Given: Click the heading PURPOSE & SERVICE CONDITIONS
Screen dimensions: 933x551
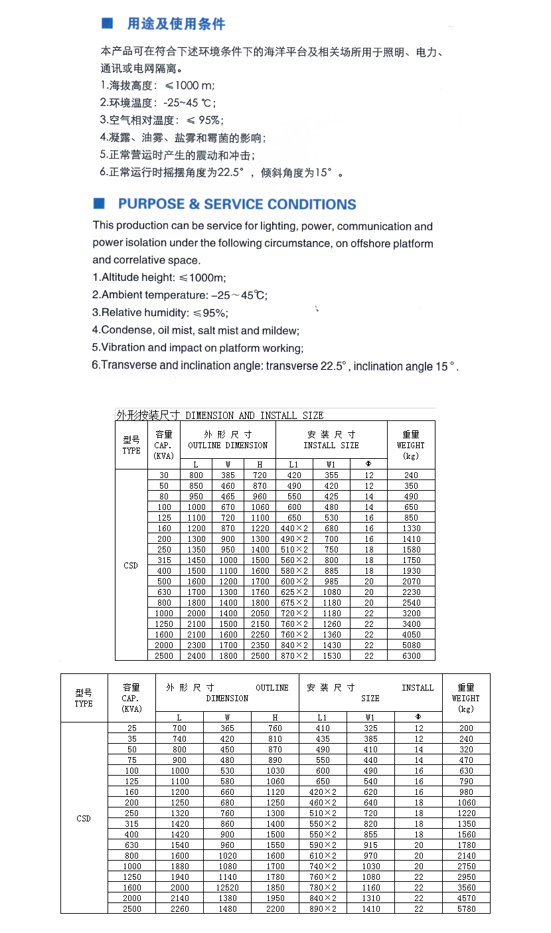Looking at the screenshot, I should pos(237,205).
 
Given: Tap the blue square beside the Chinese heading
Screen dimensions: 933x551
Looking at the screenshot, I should pos(107,23).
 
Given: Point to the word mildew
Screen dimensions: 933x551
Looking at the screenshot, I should pos(281,331).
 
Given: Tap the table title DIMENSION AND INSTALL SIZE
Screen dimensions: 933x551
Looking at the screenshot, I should pos(254,416).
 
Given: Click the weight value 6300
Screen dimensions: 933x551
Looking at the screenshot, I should pos(411,656).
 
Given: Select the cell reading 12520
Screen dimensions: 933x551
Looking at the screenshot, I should pos(227,888).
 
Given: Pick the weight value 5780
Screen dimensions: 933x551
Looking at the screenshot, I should pos(466,909).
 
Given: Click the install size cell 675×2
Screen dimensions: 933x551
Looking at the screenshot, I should pos(294,603).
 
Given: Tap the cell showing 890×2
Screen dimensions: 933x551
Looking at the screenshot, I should pos(323,909).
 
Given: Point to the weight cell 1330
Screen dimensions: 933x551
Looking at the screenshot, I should pos(411,529).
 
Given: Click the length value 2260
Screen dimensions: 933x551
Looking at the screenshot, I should pos(179,909).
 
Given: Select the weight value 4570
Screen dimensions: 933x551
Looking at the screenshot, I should pos(466,898).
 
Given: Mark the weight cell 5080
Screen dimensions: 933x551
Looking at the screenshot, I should pos(411,645).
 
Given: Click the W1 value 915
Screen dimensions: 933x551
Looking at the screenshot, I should pos(370,845).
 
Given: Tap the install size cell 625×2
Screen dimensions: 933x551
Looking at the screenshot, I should pos(294,592).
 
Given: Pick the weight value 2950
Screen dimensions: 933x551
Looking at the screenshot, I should pos(466,877).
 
